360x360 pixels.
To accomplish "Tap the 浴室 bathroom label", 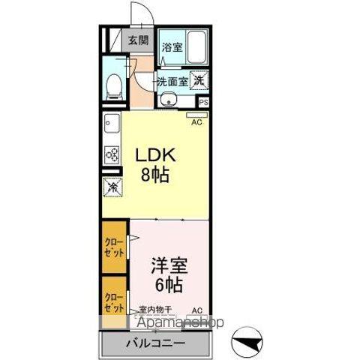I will click(172, 46).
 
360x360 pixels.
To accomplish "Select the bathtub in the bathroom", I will click(196, 49).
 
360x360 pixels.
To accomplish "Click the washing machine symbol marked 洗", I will click(199, 79).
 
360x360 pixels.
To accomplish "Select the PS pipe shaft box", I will click(202, 100).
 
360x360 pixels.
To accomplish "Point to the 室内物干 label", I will click(155, 310).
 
